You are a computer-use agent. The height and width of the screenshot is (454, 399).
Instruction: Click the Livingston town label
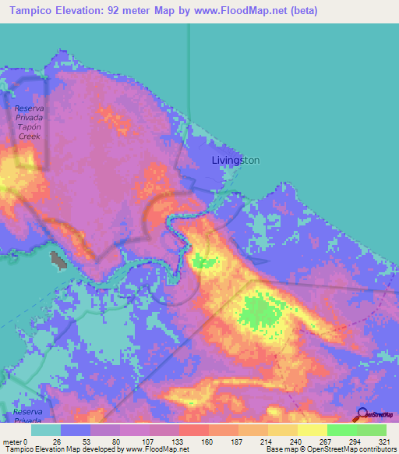pyautogui.click(x=235, y=160)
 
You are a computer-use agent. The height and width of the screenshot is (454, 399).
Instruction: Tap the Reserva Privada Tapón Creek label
pyautogui.click(x=30, y=121)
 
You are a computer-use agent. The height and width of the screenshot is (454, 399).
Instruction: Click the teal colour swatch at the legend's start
pyautogui.click(x=47, y=429)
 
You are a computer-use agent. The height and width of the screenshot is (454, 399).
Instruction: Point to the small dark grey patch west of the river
pyautogui.click(x=56, y=261)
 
